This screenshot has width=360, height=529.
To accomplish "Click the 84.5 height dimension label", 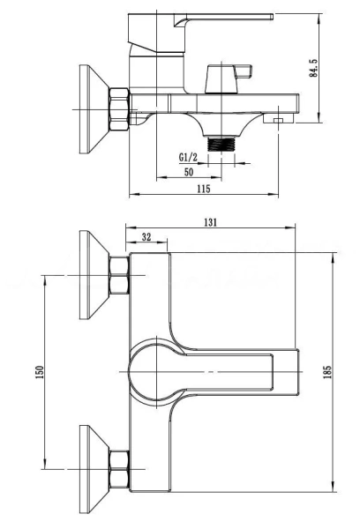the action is tap(313, 68).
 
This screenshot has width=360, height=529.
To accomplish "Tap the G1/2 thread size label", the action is tap(188, 157).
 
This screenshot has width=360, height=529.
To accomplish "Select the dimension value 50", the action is tap(189, 172).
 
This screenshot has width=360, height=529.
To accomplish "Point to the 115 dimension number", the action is tap(204, 189).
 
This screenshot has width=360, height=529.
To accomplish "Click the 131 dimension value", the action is tap(210, 222).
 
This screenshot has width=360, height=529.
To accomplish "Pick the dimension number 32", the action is tap(146, 237).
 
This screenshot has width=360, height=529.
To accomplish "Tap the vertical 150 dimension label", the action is tap(40, 372).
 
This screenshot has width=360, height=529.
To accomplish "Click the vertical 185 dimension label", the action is tap(327, 372).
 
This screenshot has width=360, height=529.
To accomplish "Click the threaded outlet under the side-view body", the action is tap(221, 144).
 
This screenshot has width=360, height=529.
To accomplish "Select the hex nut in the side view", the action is tap(119, 109).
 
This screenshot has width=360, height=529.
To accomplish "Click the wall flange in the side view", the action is tap(94, 109).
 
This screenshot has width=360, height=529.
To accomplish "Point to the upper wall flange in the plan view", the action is tap(94, 275).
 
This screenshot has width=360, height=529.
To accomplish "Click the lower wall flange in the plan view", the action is tap(94, 469).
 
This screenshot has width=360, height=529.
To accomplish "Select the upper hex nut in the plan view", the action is tap(119, 275).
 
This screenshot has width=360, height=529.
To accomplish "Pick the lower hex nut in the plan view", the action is tap(119, 469).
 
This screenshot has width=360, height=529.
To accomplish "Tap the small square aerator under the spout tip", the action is tap(279, 121).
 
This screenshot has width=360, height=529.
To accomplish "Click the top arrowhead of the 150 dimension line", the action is tap(44, 279).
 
